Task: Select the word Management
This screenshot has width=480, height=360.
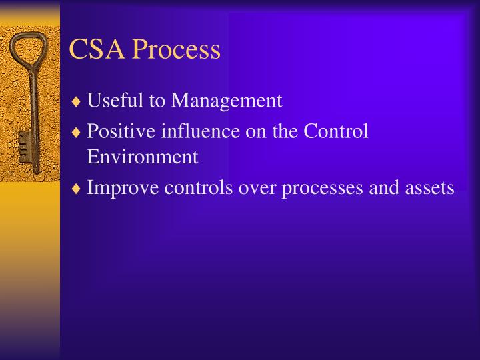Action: click(x=227, y=101)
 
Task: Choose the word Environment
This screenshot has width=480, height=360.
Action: click(x=142, y=157)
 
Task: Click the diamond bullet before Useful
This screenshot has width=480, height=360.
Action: click(x=77, y=102)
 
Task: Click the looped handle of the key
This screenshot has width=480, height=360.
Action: click(x=27, y=49)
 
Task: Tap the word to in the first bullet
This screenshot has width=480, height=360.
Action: click(x=155, y=101)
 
